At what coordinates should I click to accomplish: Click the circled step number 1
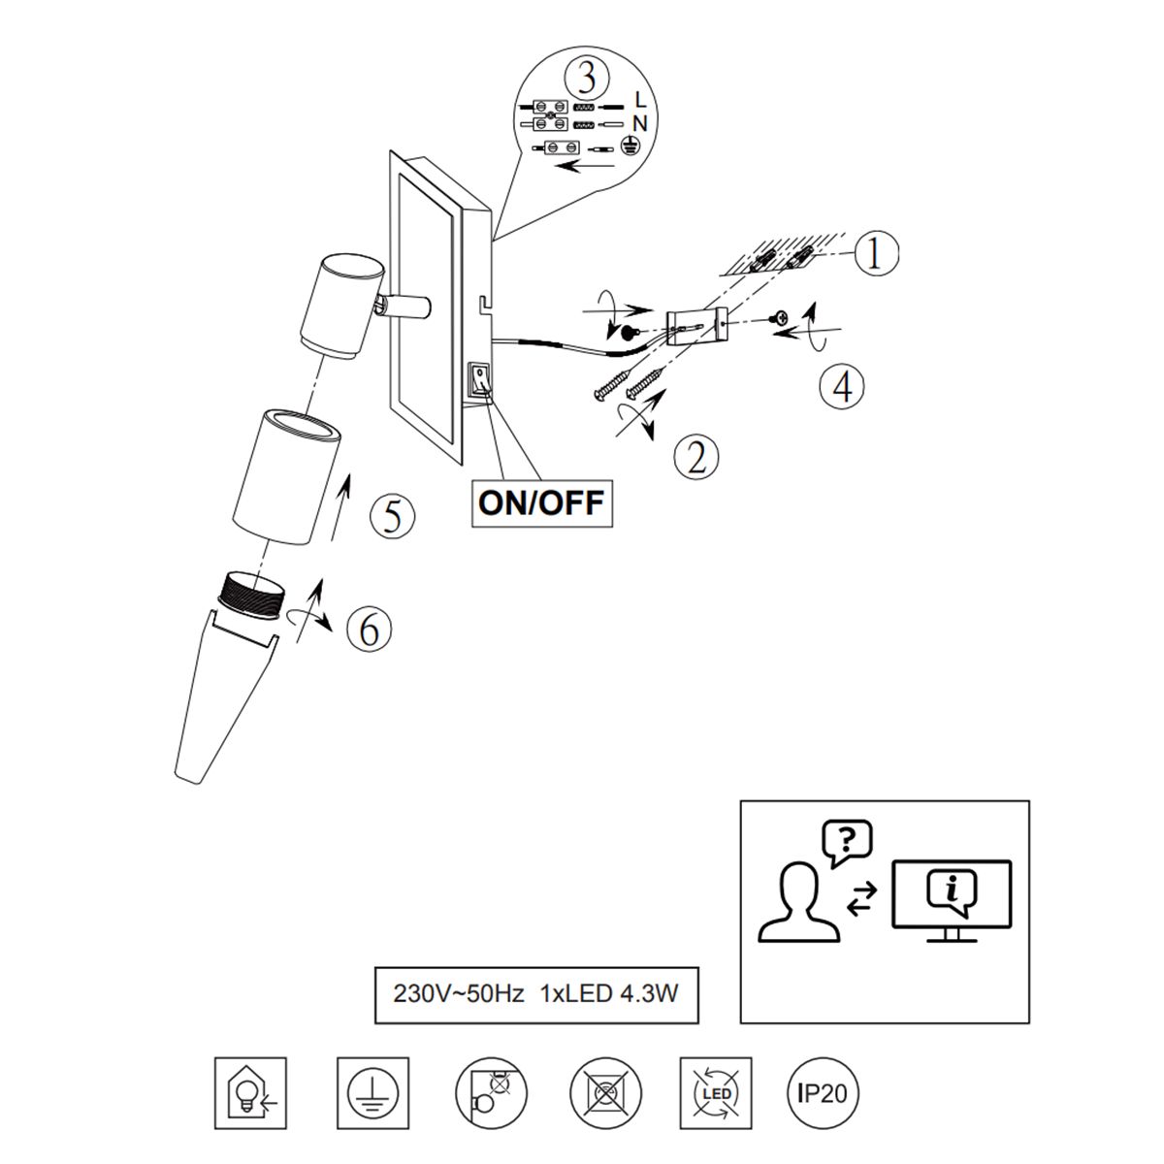(875, 253)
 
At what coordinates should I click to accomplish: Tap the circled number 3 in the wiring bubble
(587, 79)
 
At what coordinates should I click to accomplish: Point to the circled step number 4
(841, 386)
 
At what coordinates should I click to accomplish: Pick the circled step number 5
(393, 516)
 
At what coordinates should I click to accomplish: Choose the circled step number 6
(369, 629)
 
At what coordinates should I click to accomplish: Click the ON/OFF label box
(542, 503)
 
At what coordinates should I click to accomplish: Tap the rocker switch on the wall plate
(481, 378)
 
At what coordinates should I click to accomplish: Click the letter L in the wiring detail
(640, 100)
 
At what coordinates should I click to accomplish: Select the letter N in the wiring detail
(639, 124)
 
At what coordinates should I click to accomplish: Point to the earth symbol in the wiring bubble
(630, 145)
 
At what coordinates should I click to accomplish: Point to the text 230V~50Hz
(459, 993)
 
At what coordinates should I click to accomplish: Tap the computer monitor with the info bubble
(952, 901)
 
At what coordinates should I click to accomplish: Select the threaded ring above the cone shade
(254, 595)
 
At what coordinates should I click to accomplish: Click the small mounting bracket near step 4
(696, 327)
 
